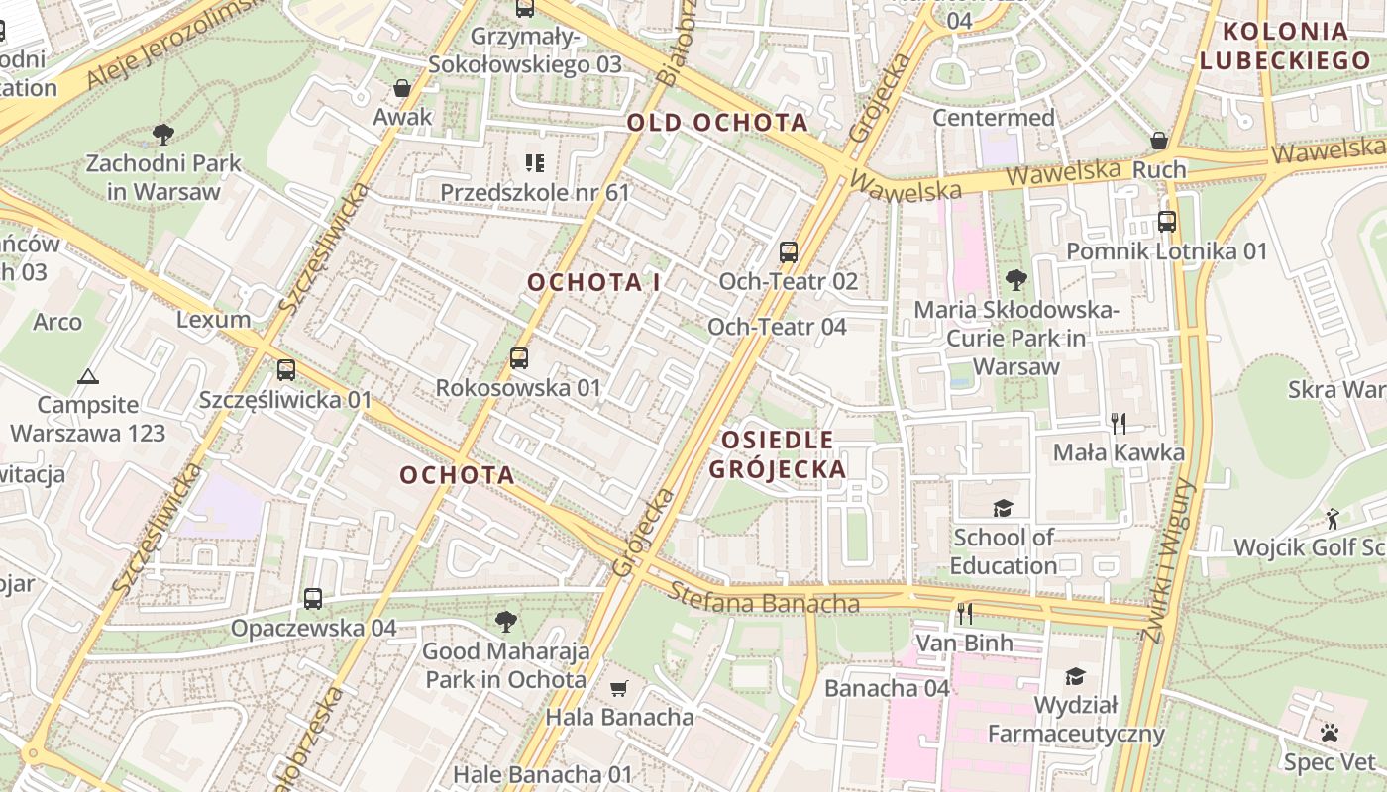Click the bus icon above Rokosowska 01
click(519, 358)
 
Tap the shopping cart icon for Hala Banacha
click(619, 688)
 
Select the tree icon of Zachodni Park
click(163, 134)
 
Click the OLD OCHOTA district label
click(717, 123)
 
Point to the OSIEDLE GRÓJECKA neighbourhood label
click(778, 454)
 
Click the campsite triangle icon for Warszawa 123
click(88, 376)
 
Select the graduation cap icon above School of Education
click(1004, 508)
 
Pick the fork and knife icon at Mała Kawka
click(1119, 424)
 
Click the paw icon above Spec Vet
click(1330, 733)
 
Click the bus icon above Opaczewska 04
click(313, 599)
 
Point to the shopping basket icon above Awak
click(402, 88)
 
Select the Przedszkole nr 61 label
click(535, 192)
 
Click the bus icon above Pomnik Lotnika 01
click(1167, 222)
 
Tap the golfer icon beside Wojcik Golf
click(1333, 518)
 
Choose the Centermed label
click(994, 118)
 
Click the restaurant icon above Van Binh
click(964, 614)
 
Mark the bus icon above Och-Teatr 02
click(789, 251)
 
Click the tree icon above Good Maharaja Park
click(506, 622)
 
